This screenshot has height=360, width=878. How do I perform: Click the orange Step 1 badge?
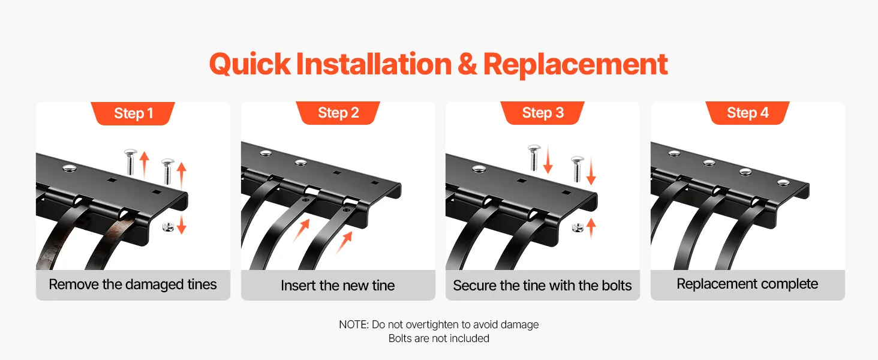pyautogui.click(x=133, y=113)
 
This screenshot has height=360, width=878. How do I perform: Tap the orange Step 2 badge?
pyautogui.click(x=338, y=113)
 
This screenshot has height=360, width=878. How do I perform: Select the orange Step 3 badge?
pyautogui.click(x=543, y=113)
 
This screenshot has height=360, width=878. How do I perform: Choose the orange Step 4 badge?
pyautogui.click(x=747, y=113)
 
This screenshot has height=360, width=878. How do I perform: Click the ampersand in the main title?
pyautogui.click(x=467, y=64)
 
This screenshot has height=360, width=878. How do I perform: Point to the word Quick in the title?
pyautogui.click(x=250, y=65)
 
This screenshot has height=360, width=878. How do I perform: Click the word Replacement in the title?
pyautogui.click(x=575, y=65)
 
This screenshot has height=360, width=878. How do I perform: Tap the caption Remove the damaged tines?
pyautogui.click(x=133, y=284)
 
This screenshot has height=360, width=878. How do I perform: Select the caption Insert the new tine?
pyautogui.click(x=338, y=286)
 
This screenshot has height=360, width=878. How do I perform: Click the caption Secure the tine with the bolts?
pyautogui.click(x=542, y=286)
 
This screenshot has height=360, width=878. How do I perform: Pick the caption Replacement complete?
pyautogui.click(x=747, y=284)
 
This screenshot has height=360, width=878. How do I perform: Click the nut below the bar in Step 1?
pyautogui.click(x=168, y=227)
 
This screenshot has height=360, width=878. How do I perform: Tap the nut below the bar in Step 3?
pyautogui.click(x=578, y=227)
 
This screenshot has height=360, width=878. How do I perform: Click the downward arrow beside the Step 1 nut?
pyautogui.click(x=181, y=224)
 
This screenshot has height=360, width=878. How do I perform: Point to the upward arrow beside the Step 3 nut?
pyautogui.click(x=591, y=228)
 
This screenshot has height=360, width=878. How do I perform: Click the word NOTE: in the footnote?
pyautogui.click(x=354, y=325)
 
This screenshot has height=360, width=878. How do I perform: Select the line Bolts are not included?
pyautogui.click(x=438, y=338)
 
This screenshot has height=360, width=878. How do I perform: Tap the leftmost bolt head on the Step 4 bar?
pyautogui.click(x=674, y=153)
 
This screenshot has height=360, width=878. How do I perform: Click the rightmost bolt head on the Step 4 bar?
pyautogui.click(x=783, y=182)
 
